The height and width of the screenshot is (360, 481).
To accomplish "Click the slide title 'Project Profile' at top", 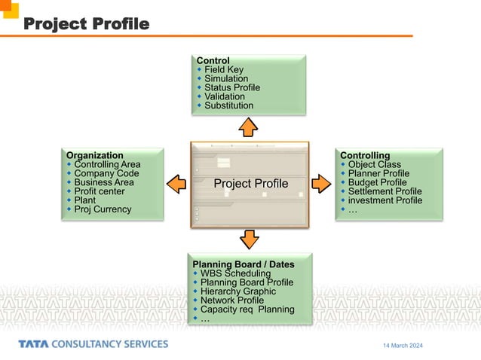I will coord(86,24).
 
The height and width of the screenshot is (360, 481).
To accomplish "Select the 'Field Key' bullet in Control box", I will coord(224,70).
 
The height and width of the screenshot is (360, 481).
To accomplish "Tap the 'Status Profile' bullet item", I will coord(232,87).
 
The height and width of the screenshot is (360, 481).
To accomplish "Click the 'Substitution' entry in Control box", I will coord(228,105).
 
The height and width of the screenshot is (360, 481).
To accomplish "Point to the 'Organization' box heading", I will coord(95,155).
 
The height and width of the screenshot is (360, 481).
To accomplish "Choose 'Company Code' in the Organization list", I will coord(107,173).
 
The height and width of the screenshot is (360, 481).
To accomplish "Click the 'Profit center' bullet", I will coord(100,191).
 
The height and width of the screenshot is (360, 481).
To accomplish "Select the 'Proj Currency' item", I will coord(103,209).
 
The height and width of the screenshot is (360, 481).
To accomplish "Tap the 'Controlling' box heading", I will coord(365,155).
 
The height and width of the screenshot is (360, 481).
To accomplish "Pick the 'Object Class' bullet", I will coord(375,164).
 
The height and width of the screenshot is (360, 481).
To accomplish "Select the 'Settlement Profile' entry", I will coord(384,191).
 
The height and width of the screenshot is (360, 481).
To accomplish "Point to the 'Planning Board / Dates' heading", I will coord(243,264).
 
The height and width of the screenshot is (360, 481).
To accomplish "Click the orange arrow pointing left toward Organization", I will coord(176,183).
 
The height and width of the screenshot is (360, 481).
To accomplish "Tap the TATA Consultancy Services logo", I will coord(93,344).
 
